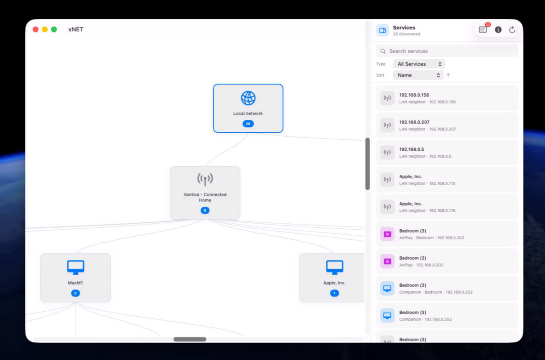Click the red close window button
click(35, 30)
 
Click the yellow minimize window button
click(45, 30)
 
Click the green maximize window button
click(54, 30)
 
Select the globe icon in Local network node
click(248, 98)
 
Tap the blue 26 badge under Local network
click(248, 124)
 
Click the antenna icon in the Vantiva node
click(205, 179)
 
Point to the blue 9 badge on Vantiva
click(205, 211)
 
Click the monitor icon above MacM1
click(76, 267)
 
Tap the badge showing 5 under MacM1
click(76, 293)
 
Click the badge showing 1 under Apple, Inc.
click(334, 293)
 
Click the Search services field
click(447, 51)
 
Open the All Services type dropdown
click(419, 64)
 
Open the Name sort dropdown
click(418, 75)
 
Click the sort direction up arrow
click(448, 76)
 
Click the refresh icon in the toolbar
click(512, 30)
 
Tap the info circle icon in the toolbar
click(498, 30)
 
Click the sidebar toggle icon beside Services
click(382, 30)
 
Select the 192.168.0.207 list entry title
click(414, 122)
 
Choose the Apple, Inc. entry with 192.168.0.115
click(447, 180)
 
